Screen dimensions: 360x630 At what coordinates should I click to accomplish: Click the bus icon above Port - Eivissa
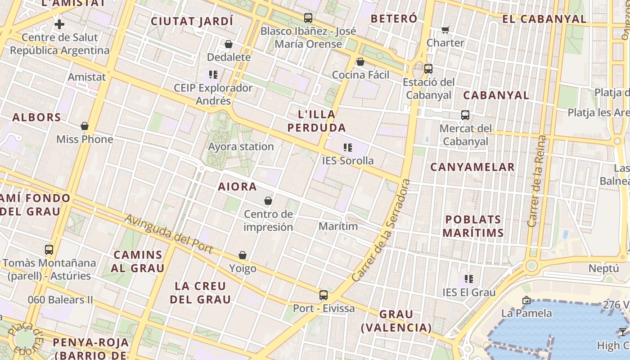click(324, 295)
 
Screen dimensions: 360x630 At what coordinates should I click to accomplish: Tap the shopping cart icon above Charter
click(445, 30)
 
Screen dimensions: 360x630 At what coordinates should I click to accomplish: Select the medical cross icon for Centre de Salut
click(59, 24)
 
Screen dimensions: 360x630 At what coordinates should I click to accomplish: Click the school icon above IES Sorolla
click(347, 148)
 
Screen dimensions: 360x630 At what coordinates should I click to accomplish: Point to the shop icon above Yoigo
click(243, 256)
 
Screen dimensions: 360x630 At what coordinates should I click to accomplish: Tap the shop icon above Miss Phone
click(85, 126)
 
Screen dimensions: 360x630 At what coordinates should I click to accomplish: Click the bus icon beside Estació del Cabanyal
click(428, 69)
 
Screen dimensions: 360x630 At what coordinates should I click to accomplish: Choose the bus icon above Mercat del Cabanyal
click(465, 115)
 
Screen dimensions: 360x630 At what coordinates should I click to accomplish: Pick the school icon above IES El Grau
click(469, 279)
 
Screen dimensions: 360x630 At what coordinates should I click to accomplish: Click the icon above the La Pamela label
click(526, 300)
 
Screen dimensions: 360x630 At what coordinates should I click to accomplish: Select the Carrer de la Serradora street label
click(382, 230)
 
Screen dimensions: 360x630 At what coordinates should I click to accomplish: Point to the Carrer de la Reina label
click(538, 181)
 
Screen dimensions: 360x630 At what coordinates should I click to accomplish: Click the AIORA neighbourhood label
click(238, 187)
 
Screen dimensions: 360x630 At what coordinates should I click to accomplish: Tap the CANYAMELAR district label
click(472, 167)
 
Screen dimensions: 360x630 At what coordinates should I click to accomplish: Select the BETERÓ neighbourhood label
click(394, 19)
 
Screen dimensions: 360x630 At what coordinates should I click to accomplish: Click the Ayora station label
click(241, 147)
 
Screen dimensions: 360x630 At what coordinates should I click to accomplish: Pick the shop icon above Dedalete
click(229, 44)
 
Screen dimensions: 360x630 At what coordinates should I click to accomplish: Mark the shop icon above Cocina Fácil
click(360, 62)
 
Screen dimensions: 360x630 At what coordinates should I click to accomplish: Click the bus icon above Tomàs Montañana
click(49, 249)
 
